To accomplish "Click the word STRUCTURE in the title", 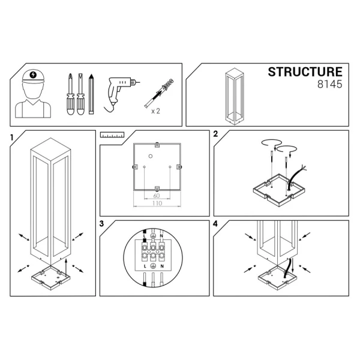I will [304, 73].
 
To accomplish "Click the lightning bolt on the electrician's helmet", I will [32, 76].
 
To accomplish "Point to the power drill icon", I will [122, 91].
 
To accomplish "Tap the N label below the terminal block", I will [163, 265].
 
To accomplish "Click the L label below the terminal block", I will [145, 265].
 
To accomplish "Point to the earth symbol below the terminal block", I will [154, 265].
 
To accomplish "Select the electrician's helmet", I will [32, 77].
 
